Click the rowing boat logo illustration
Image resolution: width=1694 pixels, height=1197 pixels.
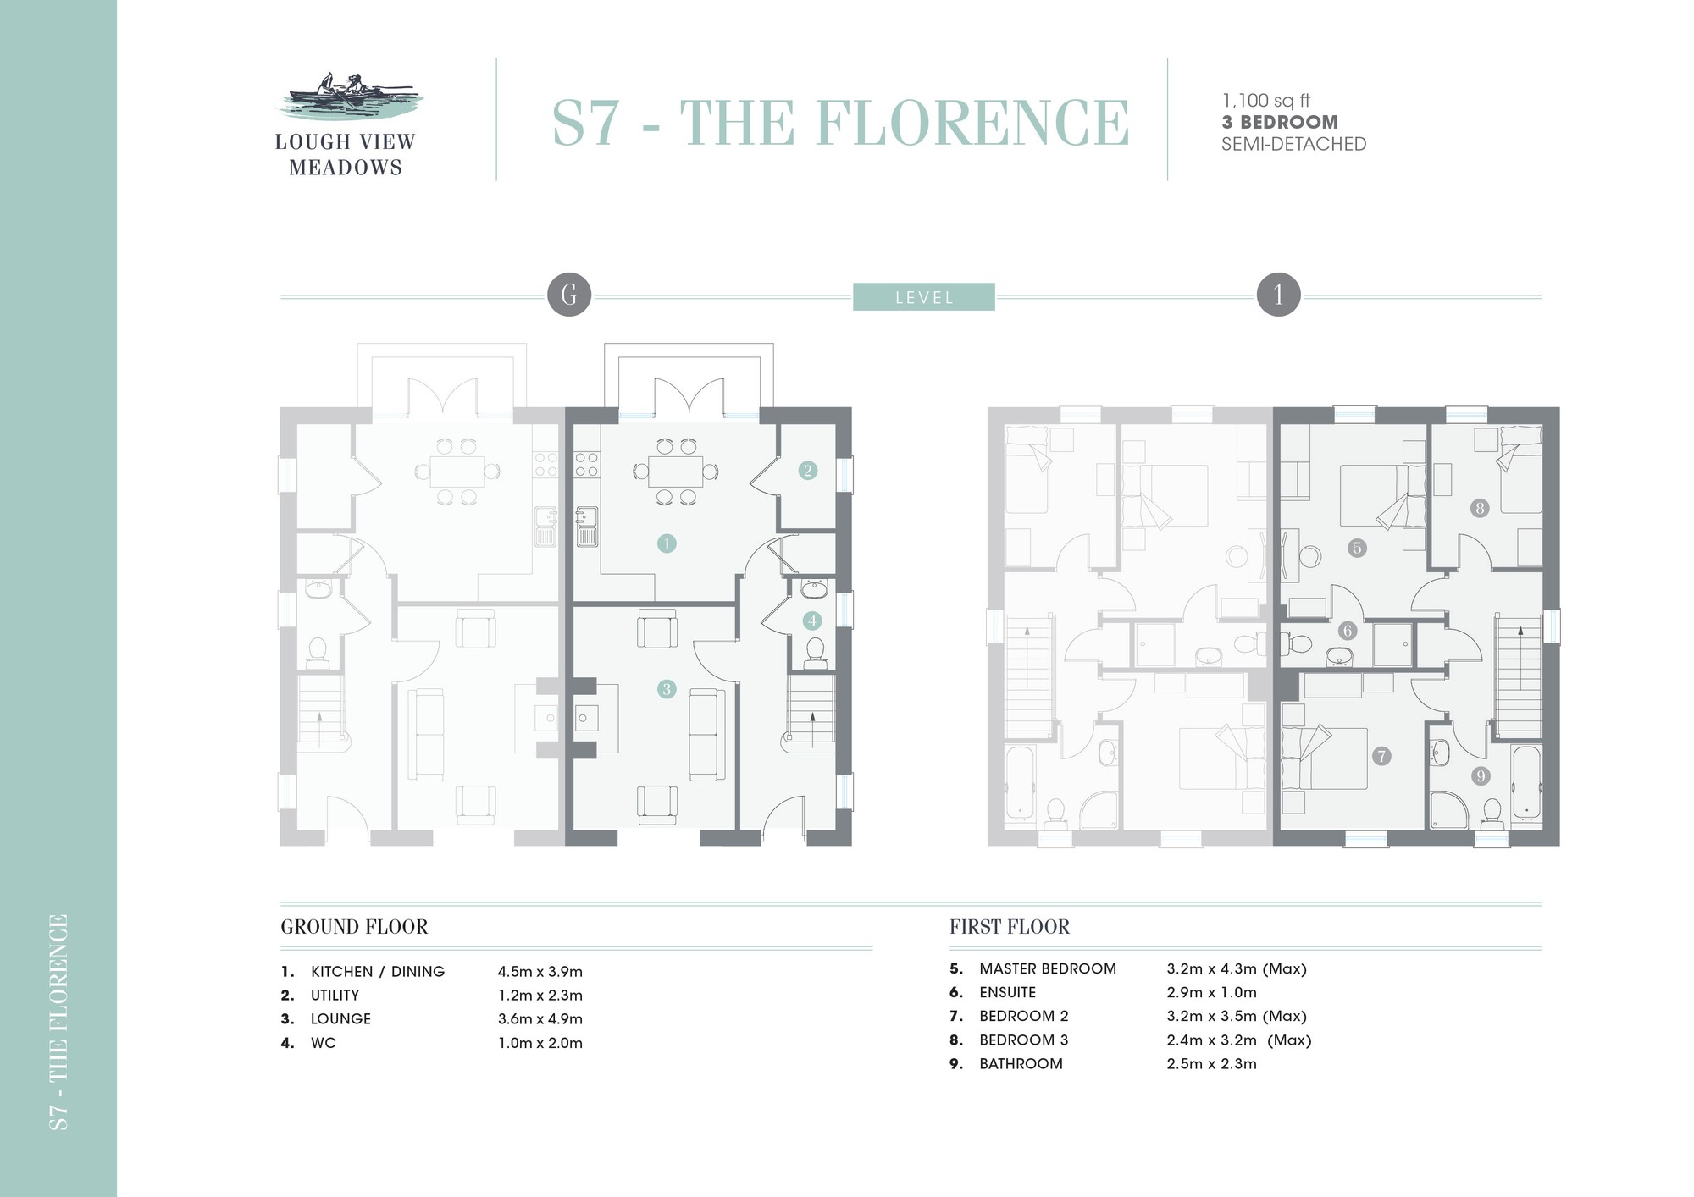point(347,97)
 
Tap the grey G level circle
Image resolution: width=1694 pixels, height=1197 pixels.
point(569,295)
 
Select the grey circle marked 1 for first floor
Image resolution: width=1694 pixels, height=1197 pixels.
point(1278,295)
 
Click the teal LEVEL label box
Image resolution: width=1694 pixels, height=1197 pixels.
point(923,297)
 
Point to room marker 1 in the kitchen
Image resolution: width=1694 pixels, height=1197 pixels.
point(667,543)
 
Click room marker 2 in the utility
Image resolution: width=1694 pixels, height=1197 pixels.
point(807,470)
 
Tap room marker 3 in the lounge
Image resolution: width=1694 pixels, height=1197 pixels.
point(667,689)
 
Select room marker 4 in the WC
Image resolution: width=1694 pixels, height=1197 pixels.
point(812,621)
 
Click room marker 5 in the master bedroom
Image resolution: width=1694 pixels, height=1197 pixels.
point(1357,548)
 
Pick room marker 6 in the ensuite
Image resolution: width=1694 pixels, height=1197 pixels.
point(1348,630)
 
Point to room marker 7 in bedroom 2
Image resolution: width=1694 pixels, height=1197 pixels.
point(1381,756)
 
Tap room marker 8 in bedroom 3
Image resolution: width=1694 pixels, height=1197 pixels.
point(1480,508)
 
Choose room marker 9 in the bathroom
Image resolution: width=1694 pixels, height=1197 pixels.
point(1481,775)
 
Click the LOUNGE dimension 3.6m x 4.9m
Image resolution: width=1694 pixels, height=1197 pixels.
point(540,1019)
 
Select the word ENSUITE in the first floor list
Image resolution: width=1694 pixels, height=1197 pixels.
point(1008,992)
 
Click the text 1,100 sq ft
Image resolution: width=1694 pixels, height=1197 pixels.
point(1266,101)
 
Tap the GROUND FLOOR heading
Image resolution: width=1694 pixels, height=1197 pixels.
point(354,927)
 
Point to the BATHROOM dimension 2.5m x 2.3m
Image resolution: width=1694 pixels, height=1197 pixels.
point(1211,1064)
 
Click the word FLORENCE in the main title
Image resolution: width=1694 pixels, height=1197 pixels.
point(972,123)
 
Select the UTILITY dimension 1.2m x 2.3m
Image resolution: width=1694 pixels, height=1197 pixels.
point(540,996)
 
